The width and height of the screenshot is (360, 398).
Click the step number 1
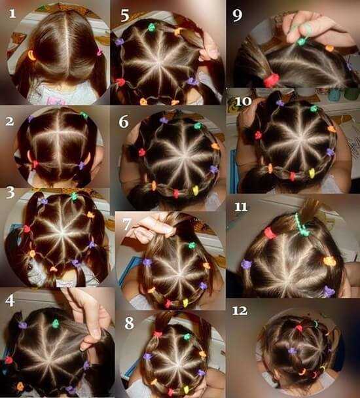tap(12, 13)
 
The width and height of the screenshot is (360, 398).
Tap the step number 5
tap(125, 16)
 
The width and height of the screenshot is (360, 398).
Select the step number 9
tap(238, 16)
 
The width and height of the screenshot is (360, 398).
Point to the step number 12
tap(240, 311)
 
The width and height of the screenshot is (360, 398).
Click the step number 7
tap(127, 225)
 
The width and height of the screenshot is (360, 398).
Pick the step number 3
tap(10, 192)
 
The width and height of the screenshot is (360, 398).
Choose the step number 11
tap(241, 207)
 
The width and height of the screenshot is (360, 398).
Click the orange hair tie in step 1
tap(31, 55)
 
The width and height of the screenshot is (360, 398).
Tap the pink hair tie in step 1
tap(99, 52)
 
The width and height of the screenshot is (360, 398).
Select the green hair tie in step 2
tap(84, 115)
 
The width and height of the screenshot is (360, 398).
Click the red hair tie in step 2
tap(35, 164)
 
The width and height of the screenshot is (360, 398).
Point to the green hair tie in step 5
tap(152, 27)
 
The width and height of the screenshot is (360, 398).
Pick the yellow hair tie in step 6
tap(195, 190)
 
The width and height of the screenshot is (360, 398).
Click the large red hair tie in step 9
tap(271, 80)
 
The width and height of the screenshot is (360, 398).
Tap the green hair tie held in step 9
tap(301, 41)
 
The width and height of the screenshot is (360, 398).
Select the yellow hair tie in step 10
tap(312, 173)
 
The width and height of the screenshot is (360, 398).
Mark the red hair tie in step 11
tap(270, 233)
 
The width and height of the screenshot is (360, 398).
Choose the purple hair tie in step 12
tap(292, 351)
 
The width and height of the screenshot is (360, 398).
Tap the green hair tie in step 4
tap(56, 323)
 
